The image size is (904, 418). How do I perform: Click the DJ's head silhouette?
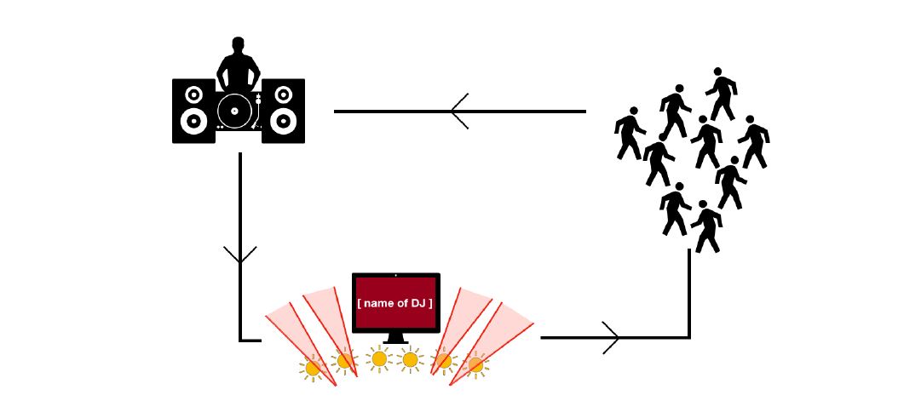click(238, 45)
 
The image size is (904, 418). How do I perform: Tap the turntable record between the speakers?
click(234, 110)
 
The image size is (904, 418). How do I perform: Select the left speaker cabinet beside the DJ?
click(193, 111)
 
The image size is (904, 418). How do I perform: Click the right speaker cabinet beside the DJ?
click(283, 111)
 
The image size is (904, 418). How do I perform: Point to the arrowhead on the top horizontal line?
click(459, 112)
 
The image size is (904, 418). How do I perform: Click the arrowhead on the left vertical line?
click(239, 255)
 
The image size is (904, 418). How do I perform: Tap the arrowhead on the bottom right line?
click(611, 337)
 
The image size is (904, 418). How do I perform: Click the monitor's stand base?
click(395, 341)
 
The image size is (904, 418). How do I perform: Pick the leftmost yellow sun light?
click(313, 368)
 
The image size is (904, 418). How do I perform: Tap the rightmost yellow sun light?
click(475, 364)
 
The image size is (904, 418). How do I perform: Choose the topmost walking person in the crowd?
click(721, 94)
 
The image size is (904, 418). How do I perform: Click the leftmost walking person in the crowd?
click(630, 133)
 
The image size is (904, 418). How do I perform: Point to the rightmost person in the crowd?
click(753, 141)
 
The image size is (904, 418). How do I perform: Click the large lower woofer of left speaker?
click(193, 122)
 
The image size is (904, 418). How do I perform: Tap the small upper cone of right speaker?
click(283, 94)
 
